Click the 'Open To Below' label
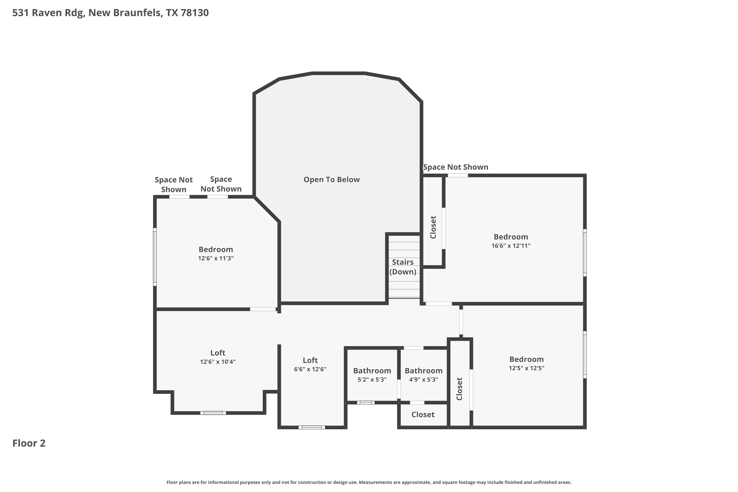(332, 180)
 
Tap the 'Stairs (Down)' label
(403, 267)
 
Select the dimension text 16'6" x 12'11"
(511, 246)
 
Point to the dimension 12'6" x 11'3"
(216, 259)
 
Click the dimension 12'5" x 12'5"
(526, 368)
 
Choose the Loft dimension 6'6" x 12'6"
(310, 369)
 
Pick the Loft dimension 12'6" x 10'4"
(218, 362)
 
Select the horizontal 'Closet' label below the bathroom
(423, 415)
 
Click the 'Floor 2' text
(29, 443)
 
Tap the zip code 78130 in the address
(195, 13)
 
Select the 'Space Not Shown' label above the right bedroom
(456, 167)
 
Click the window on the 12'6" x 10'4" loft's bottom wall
(213, 413)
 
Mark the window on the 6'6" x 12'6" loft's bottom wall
(312, 427)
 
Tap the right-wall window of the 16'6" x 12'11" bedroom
(585, 253)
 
